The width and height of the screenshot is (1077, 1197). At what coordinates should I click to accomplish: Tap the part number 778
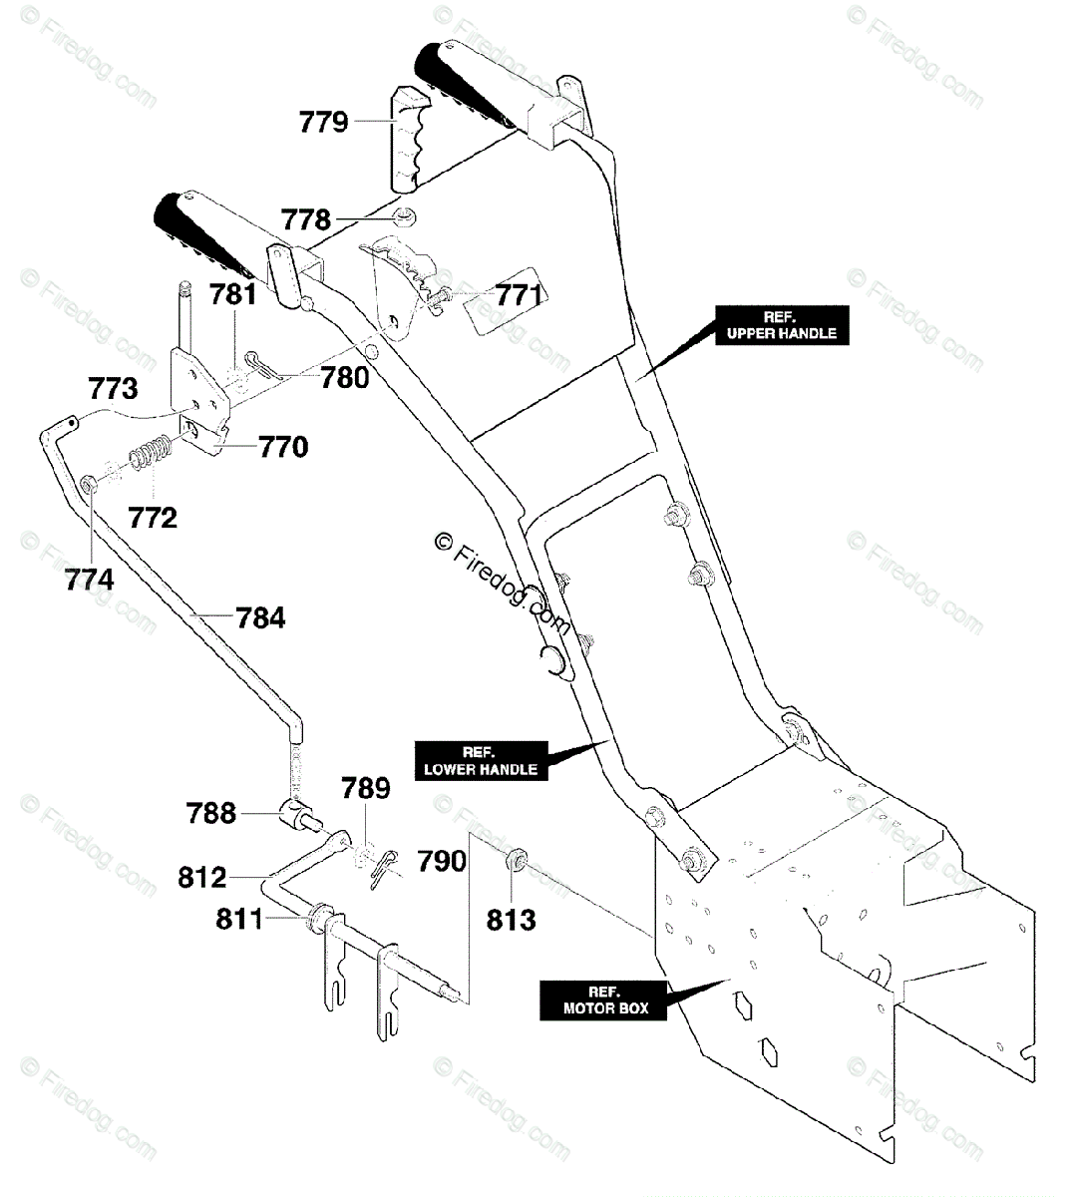click(304, 219)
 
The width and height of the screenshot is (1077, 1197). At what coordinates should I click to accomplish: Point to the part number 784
click(261, 618)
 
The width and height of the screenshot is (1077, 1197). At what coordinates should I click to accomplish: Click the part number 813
click(512, 919)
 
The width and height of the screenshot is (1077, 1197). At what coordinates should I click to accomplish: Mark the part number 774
click(90, 579)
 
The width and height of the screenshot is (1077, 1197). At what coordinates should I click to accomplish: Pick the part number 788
click(212, 813)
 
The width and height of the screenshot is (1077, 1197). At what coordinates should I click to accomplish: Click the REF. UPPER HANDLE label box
click(780, 324)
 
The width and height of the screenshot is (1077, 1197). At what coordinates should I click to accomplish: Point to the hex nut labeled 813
click(517, 859)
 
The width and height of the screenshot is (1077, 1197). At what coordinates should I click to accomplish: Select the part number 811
click(239, 918)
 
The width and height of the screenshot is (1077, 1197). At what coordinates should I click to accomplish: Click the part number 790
click(442, 860)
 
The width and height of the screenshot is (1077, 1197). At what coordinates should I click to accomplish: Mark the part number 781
click(233, 295)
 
